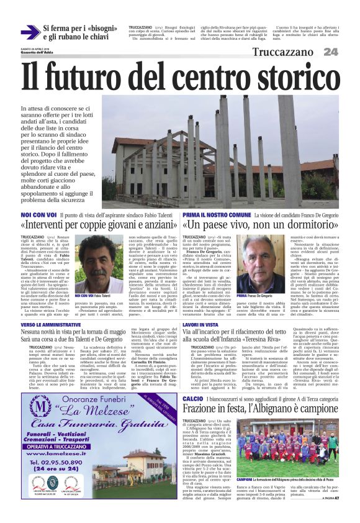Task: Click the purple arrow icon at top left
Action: click(x=30, y=32)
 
